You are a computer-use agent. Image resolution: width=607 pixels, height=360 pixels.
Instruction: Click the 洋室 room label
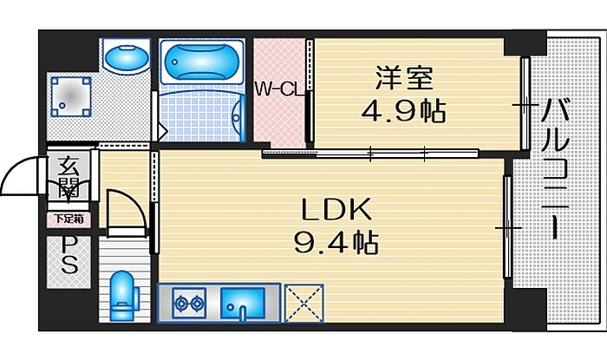(403, 80)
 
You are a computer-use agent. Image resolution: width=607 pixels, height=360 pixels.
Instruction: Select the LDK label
(336, 210)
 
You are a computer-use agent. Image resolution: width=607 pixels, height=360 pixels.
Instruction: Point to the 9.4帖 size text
(337, 244)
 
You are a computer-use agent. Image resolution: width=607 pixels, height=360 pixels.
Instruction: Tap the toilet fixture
(122, 294)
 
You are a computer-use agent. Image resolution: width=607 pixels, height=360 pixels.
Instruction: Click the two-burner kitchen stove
(188, 303)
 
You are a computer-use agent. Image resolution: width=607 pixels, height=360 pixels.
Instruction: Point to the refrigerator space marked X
(303, 304)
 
